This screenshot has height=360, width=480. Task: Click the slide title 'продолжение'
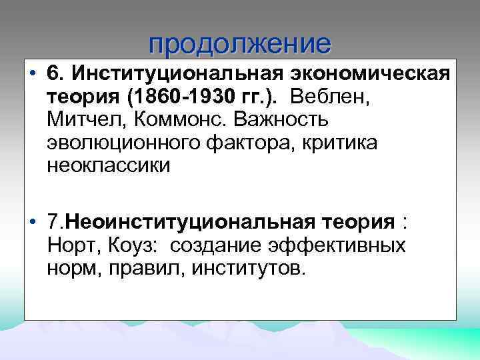point(239,44)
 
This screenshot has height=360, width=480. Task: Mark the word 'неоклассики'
point(109,167)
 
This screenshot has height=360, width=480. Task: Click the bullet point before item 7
point(33,222)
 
